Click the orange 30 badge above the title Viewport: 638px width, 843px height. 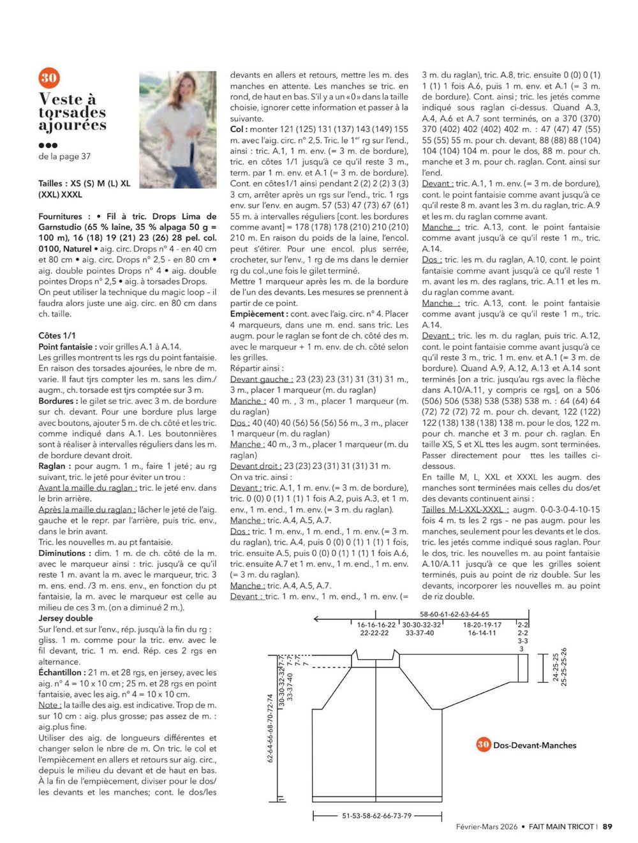(x=49, y=78)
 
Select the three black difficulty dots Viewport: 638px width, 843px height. (x=48, y=145)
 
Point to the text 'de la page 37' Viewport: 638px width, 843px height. (x=64, y=156)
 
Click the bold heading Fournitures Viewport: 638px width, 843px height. (x=61, y=216)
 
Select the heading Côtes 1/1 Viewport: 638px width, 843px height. (x=57, y=336)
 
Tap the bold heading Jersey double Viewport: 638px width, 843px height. (x=66, y=618)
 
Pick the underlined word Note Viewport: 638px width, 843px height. (x=48, y=705)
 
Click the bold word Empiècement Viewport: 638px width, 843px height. (x=258, y=314)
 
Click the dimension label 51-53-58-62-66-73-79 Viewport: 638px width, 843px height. (x=377, y=816)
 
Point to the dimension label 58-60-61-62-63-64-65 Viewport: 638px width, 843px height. (x=454, y=614)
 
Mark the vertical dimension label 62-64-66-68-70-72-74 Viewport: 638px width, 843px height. (x=270, y=727)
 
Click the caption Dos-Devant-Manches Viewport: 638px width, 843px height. (x=535, y=745)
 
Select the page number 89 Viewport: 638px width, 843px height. (x=607, y=826)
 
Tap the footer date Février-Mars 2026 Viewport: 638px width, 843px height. (x=487, y=826)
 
